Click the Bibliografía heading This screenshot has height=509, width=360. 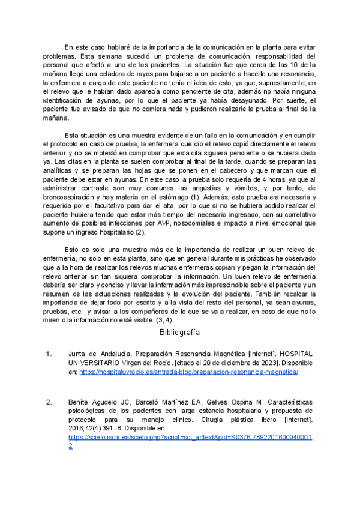[179, 332]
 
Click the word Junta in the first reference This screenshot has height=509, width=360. [79, 354]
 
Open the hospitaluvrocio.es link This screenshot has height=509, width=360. [188, 372]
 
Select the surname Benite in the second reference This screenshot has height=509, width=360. [80, 400]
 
